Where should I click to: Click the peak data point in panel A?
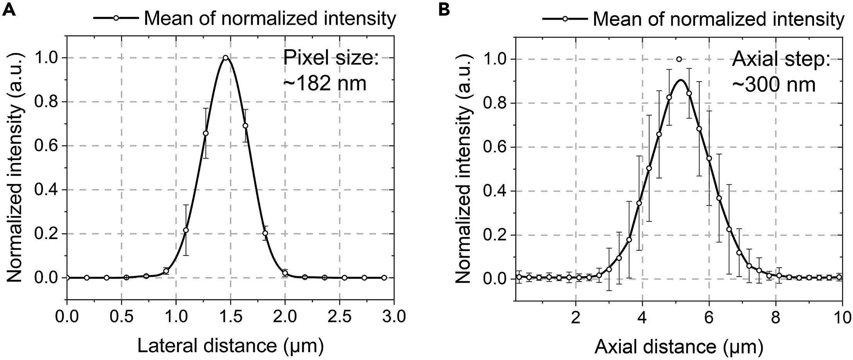point(226,58)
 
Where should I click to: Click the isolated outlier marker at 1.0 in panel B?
point(679,59)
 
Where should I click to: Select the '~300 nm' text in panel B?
point(773,85)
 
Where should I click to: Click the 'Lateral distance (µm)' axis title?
point(230,346)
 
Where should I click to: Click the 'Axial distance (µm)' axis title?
point(678,346)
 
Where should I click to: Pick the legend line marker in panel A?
point(115,18)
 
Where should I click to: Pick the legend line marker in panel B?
point(564,18)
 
